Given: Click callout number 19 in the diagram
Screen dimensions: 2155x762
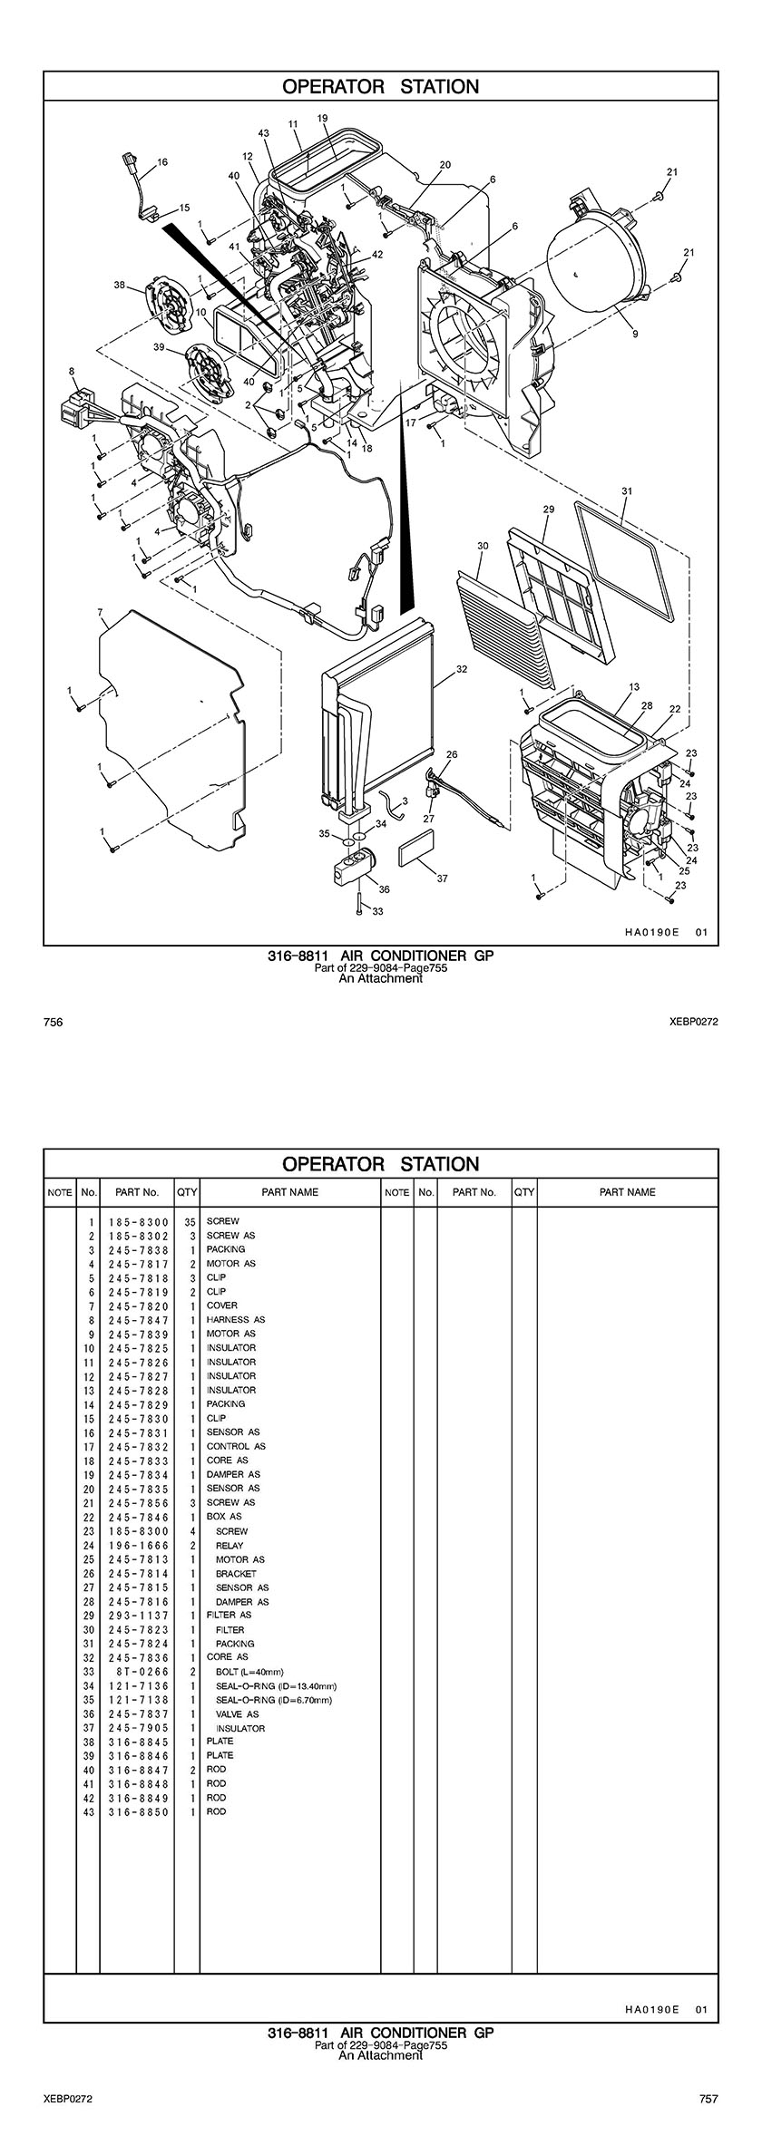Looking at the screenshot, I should click(322, 118).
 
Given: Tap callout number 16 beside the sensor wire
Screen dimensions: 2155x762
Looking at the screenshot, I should click(162, 162).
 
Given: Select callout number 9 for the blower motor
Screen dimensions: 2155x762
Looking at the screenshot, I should click(635, 334).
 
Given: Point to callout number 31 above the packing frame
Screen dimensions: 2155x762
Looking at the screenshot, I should click(626, 490).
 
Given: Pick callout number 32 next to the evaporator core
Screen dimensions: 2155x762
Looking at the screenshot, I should click(462, 669).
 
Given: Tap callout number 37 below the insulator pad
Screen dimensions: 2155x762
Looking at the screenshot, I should click(442, 878).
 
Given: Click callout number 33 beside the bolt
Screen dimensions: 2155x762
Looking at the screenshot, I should click(378, 911).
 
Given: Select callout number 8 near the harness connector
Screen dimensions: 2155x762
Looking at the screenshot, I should click(72, 371).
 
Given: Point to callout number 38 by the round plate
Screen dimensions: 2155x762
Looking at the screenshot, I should click(119, 285).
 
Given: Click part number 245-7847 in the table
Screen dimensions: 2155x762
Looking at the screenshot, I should click(138, 1319).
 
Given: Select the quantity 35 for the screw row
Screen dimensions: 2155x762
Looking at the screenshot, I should click(190, 1221).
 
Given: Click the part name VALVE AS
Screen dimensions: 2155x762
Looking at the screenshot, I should click(237, 1713).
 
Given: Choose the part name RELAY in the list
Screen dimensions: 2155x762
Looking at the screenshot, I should click(230, 1545).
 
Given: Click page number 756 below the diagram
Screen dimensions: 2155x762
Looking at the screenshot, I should click(53, 1022).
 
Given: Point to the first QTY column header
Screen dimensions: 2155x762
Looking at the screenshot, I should click(187, 1191).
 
